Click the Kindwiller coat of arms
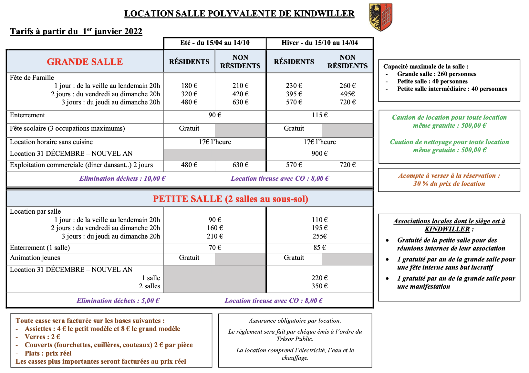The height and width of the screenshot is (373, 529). point(381,17)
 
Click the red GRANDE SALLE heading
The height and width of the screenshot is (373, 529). point(85,62)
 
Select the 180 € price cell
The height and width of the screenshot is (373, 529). point(189,86)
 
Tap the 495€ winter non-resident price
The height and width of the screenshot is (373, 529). point(347,94)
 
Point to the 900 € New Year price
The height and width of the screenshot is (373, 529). point(319,154)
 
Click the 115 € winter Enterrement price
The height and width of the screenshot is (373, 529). point(319,115)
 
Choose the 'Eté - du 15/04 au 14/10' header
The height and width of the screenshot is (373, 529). point(215,43)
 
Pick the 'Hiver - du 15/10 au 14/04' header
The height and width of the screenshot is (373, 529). point(319,43)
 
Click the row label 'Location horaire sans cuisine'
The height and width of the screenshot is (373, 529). point(51,142)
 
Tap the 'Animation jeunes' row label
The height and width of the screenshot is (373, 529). point(35,258)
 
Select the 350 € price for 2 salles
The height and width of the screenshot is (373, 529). point(319,286)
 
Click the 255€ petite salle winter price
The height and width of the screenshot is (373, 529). point(319,236)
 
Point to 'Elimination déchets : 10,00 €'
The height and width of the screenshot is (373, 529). point(122,178)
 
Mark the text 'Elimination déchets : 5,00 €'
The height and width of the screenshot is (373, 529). point(118,301)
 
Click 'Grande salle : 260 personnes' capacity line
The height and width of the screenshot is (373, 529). point(437,74)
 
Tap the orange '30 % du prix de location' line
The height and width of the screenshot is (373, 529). point(449,184)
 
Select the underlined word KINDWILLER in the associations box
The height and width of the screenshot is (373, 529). point(447,229)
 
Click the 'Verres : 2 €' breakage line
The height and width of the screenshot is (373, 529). point(42,337)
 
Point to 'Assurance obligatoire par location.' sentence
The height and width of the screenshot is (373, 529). point(295,321)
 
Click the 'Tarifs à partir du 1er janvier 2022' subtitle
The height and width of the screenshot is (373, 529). point(76,31)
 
